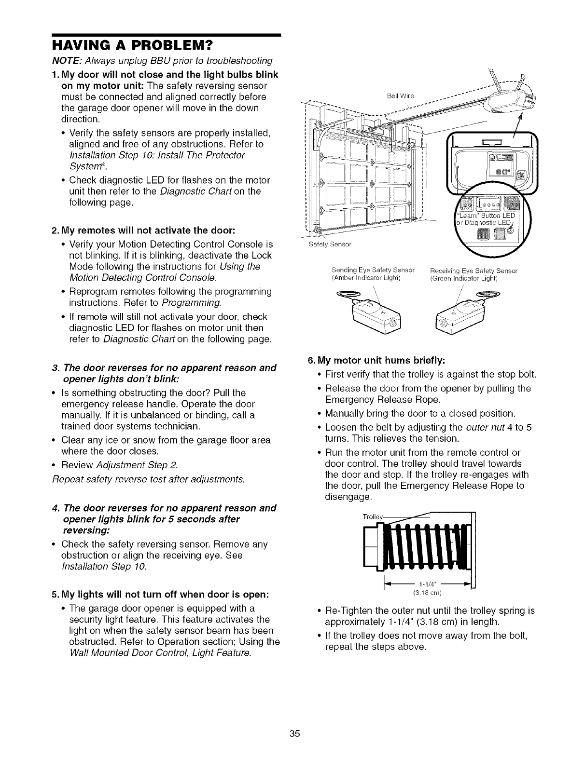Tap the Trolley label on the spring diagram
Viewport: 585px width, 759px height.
click(372, 517)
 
